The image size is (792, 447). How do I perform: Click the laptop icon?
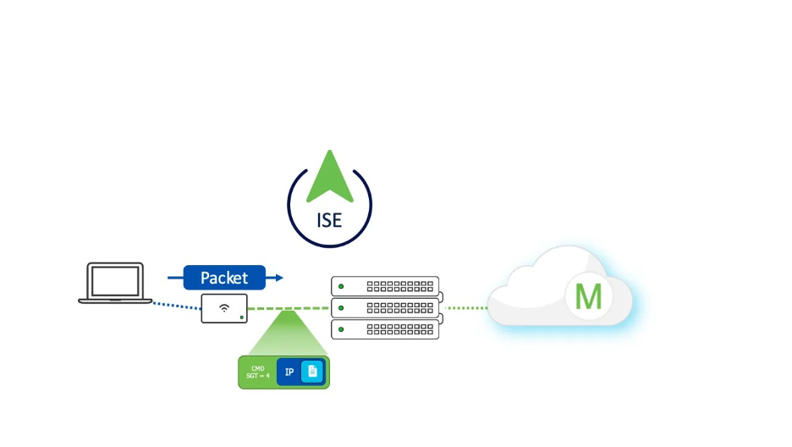[x=115, y=283]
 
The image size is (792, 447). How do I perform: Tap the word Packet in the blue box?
[x=224, y=278]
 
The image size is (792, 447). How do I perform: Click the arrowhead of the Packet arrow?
[x=278, y=278]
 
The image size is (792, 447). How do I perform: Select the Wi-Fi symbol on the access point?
[x=223, y=307]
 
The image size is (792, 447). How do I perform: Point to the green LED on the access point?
[x=242, y=317]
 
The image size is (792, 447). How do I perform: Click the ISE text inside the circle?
[x=329, y=220]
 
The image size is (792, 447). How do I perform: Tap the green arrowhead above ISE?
[x=329, y=176]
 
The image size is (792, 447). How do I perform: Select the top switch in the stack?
[x=385, y=286]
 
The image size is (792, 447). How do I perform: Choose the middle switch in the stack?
[x=385, y=307]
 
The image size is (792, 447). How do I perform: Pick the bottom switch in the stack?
[x=385, y=328]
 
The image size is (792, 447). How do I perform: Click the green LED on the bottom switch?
[x=341, y=329]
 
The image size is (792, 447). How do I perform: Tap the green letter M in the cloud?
[x=588, y=297]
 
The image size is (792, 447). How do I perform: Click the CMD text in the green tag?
[x=258, y=368]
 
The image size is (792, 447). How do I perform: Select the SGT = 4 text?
[x=256, y=376]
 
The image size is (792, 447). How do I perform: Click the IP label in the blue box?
[x=289, y=372]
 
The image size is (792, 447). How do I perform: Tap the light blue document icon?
[x=312, y=372]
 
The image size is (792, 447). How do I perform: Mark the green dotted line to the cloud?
[x=465, y=308]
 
